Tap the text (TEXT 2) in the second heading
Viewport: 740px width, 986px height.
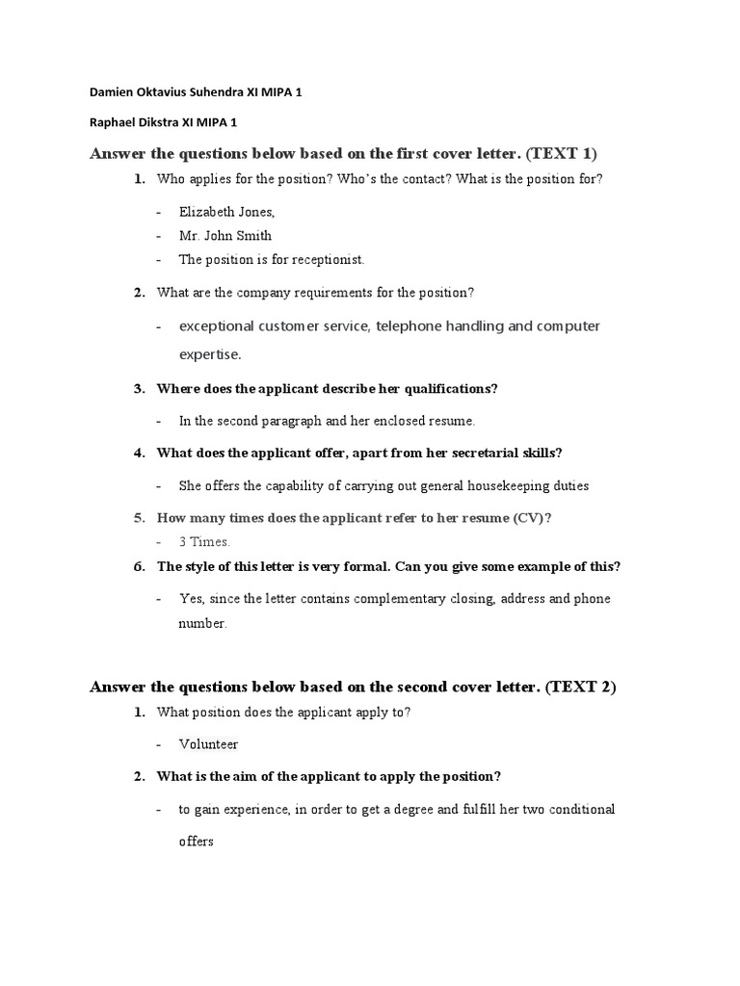pyautogui.click(x=580, y=687)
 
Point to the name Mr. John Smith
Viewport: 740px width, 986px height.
pyautogui.click(x=225, y=235)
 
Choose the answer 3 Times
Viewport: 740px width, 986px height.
pyautogui.click(x=204, y=542)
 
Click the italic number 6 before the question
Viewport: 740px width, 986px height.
pyautogui.click(x=139, y=566)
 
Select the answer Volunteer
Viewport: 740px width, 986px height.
pyautogui.click(x=208, y=744)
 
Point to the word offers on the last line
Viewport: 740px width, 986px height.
pyautogui.click(x=196, y=841)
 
